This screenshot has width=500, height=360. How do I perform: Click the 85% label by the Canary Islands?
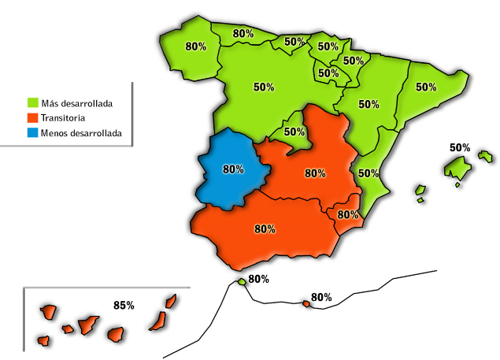point(124,305)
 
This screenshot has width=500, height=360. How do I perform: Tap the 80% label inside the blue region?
point(234,169)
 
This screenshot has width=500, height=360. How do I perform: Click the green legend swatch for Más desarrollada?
point(33,102)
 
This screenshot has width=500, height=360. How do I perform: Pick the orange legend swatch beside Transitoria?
point(33,118)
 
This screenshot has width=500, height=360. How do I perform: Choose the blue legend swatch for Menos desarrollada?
point(33,133)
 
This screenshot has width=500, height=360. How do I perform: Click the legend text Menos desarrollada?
point(81,133)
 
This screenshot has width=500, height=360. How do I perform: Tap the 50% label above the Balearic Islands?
point(460,147)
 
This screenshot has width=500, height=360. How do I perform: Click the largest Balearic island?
point(457,167)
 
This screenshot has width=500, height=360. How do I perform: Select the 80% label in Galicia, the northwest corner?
point(196,46)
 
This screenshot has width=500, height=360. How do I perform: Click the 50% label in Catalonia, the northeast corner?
point(426,87)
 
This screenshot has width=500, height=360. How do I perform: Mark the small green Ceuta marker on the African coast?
point(241,282)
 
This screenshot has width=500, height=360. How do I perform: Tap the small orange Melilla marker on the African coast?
point(306,304)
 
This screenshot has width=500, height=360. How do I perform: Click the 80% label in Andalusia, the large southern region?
point(265,229)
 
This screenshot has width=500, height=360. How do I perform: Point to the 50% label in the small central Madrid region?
point(294,132)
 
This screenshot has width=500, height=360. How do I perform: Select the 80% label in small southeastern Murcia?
point(348,214)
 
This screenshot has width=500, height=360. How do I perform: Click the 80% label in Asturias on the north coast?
point(243,34)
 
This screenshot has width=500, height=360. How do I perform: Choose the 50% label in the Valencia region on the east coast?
point(369,173)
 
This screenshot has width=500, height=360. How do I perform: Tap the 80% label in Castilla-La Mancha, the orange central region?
point(315,173)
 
